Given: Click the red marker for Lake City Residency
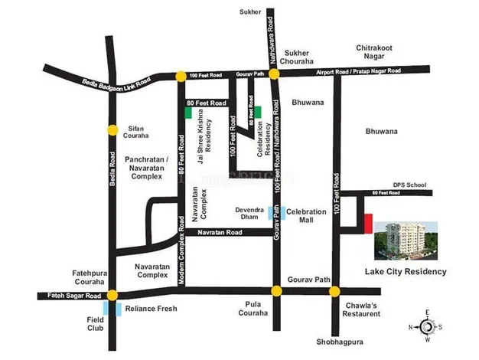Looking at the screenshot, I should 368,224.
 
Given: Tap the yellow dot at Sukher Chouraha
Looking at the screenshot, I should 275,74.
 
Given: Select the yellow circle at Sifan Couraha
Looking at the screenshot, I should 112,129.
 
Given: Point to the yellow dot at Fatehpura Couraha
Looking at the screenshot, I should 112,295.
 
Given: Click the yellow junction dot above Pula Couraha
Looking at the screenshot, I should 276,290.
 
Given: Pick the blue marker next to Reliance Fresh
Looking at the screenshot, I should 117,309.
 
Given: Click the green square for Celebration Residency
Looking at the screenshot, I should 258,112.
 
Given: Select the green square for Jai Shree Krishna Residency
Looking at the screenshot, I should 187,112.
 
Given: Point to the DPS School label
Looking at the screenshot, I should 409,185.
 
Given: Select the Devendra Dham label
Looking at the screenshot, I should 249,213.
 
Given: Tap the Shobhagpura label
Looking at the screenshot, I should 334,342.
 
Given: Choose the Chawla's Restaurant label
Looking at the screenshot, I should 361,309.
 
